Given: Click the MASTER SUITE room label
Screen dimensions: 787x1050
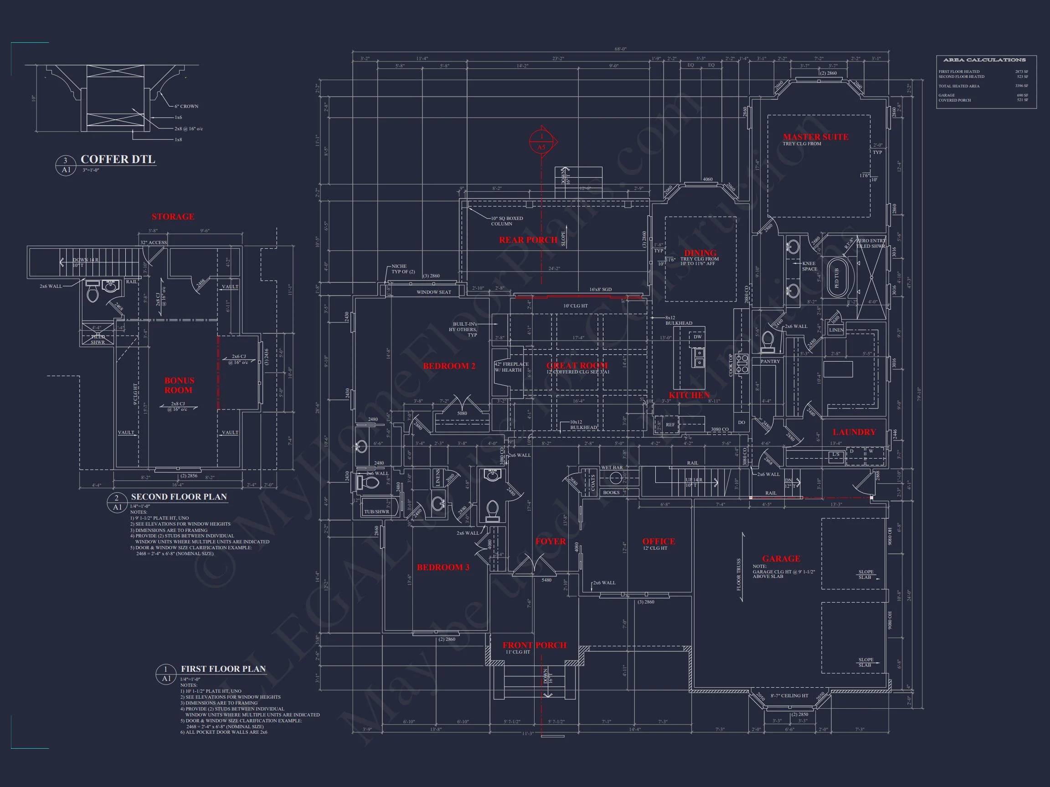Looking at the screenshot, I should point(815,137).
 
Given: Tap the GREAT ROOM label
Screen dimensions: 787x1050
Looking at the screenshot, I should point(577,365).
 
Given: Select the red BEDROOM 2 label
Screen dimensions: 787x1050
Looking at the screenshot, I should point(449,366).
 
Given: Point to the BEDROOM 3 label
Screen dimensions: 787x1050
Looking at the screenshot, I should point(443,567).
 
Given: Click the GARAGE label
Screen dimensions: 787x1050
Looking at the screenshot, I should point(781,559).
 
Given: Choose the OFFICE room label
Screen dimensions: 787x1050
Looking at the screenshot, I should point(659,541).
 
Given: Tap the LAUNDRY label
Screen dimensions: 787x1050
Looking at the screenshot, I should point(854,432).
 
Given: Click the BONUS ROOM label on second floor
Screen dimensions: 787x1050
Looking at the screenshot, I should point(179,385).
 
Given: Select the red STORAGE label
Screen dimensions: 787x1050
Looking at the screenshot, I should point(173,217).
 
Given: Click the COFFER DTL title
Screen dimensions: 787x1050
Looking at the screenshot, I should point(118,159).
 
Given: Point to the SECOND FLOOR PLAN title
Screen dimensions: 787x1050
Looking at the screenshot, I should point(179,497).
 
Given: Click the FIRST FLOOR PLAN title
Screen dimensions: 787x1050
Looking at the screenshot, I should point(223,669).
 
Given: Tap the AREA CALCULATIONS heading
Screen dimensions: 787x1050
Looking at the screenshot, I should point(984,60).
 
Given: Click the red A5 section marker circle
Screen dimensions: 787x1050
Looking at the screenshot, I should point(541,142).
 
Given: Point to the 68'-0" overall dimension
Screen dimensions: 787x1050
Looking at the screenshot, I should point(620,49).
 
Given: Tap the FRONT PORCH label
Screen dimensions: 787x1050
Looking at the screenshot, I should point(535,645).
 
